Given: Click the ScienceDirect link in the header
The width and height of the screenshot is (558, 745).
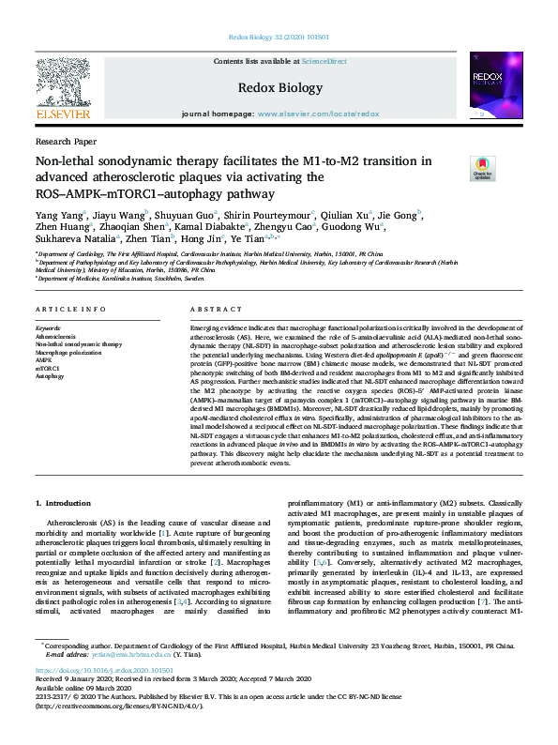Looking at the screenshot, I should (x=324, y=61).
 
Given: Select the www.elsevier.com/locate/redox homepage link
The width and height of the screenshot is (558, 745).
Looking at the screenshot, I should (x=318, y=113).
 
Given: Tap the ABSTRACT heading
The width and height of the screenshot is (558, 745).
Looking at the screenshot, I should (x=209, y=309).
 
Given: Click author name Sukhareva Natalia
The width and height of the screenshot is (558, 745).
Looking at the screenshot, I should (x=79, y=239).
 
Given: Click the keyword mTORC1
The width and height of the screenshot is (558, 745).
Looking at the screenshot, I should (x=47, y=368).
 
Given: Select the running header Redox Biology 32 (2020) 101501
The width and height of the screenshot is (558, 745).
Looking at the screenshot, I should (x=279, y=38).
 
